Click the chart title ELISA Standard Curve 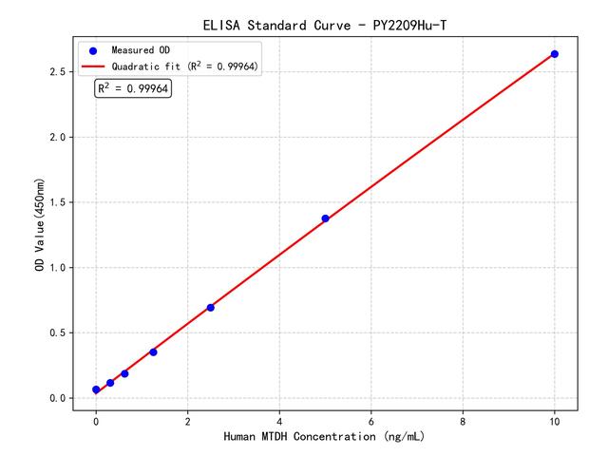(324, 24)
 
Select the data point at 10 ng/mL (555, 54)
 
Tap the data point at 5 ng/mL (325, 218)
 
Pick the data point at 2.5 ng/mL (210, 307)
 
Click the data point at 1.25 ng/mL (153, 352)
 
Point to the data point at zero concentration (96, 389)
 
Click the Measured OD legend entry (138, 50)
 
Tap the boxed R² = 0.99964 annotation (133, 88)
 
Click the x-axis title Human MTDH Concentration (324, 438)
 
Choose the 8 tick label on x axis (463, 420)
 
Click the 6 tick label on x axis (371, 420)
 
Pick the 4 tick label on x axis (279, 420)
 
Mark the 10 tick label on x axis (555, 420)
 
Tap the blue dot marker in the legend (93, 50)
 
